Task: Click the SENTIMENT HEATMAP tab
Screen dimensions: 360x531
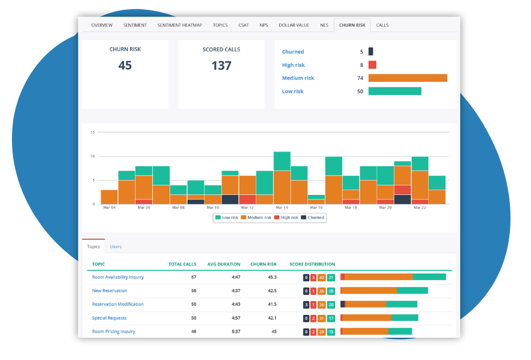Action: [x=179, y=25]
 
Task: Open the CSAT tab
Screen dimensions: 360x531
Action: [x=244, y=25]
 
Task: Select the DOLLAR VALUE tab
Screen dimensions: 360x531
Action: [x=293, y=25]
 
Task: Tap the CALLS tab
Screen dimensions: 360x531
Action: [x=382, y=25]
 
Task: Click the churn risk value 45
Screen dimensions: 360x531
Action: [x=125, y=66]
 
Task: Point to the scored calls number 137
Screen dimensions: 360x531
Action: [x=221, y=66]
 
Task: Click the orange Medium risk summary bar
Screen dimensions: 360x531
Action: [x=408, y=78]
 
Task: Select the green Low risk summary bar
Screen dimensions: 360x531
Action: [x=395, y=91]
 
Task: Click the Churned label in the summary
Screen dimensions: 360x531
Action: [x=293, y=52]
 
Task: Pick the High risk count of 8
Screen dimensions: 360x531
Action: [x=361, y=65]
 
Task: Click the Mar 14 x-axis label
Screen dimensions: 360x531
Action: [x=282, y=208]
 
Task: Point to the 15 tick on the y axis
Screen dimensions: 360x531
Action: [x=92, y=133]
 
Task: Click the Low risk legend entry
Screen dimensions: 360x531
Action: [x=227, y=218]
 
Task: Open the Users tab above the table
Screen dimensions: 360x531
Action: [x=116, y=247]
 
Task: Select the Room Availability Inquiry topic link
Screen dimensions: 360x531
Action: [x=118, y=277]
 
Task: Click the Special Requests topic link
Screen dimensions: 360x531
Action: [x=109, y=318]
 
